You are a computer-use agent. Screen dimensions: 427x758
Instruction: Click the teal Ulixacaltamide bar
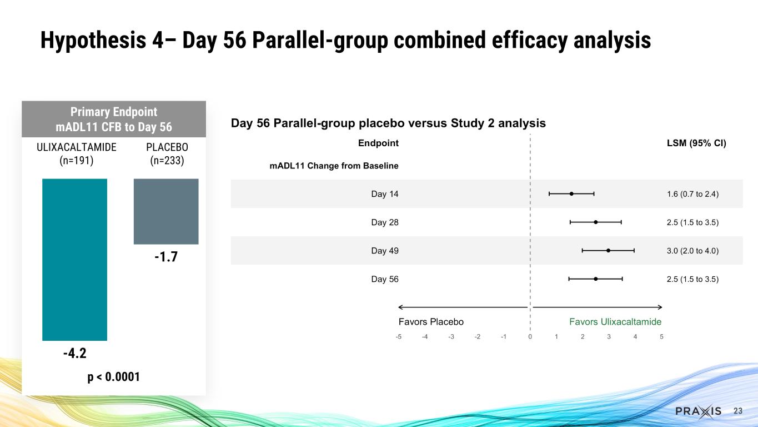pyautogui.click(x=74, y=259)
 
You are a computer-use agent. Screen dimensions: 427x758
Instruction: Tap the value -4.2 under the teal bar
pyautogui.click(x=74, y=354)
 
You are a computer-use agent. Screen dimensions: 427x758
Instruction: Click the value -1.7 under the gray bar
pyautogui.click(x=165, y=257)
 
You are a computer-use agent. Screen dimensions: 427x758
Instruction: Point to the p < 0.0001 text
pyautogui.click(x=113, y=377)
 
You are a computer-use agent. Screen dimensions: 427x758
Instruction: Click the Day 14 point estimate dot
pyautogui.click(x=571, y=193)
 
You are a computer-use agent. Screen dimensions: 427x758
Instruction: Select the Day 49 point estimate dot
pyautogui.click(x=609, y=250)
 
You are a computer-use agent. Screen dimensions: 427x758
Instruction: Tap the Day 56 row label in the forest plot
pyautogui.click(x=384, y=279)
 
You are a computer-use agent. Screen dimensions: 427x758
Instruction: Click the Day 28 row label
pyautogui.click(x=384, y=222)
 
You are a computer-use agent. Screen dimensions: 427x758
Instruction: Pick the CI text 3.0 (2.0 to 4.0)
pyautogui.click(x=692, y=251)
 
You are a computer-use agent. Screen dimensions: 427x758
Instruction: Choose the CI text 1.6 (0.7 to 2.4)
pyautogui.click(x=692, y=194)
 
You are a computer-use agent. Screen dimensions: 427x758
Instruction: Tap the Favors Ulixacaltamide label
pyautogui.click(x=615, y=322)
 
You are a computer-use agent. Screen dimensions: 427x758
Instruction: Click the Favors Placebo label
pyautogui.click(x=431, y=322)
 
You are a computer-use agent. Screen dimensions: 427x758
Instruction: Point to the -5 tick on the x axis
pyautogui.click(x=398, y=337)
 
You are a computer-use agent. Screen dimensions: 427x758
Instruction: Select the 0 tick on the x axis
pyautogui.click(x=530, y=337)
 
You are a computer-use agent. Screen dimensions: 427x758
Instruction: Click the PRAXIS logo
pyautogui.click(x=699, y=411)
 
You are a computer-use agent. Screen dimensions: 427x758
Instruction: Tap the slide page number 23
pyautogui.click(x=738, y=411)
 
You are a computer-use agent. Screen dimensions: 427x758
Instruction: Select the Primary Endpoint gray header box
pyautogui.click(x=114, y=119)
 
